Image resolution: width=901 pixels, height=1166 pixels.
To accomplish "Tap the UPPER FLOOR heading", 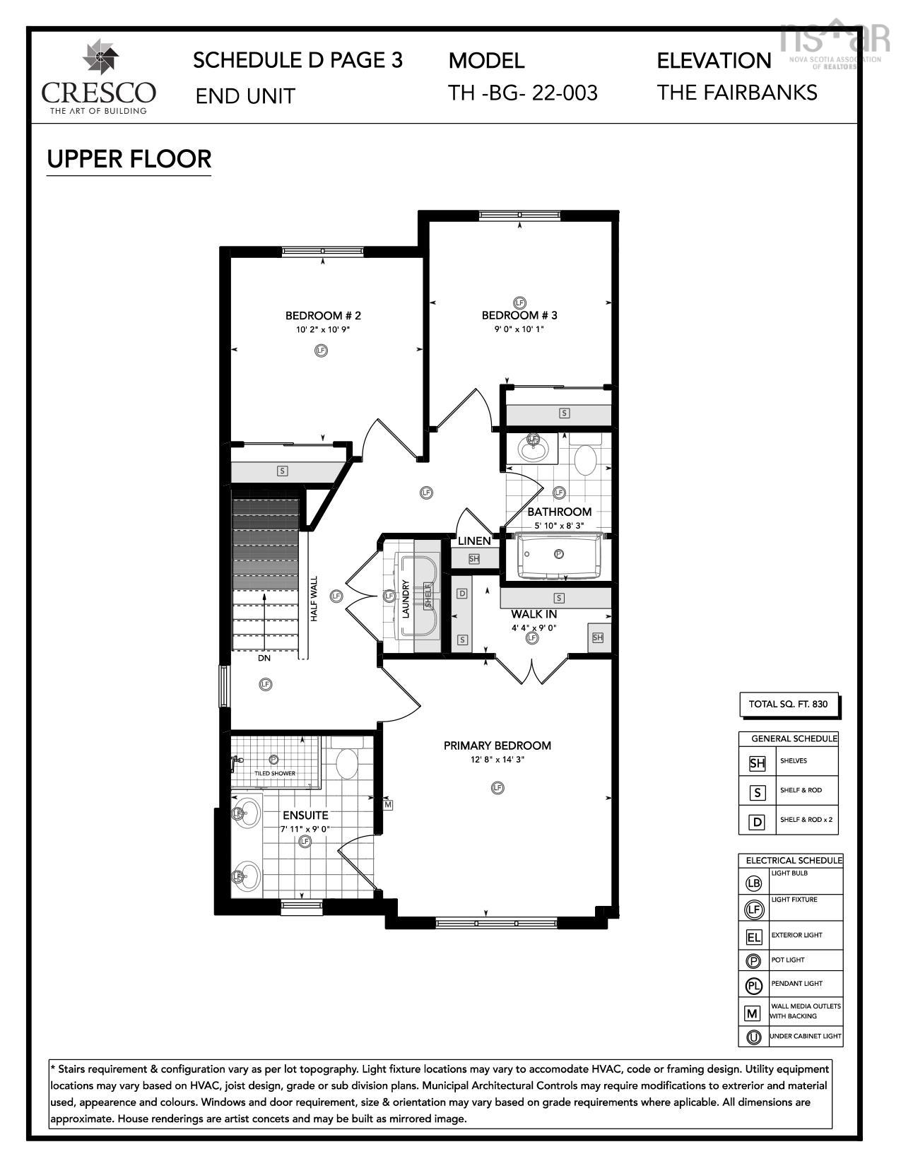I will coord(129,159).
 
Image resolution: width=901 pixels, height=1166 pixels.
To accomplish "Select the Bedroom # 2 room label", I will coord(323,316).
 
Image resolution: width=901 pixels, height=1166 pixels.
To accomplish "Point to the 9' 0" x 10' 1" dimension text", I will coord(519,329).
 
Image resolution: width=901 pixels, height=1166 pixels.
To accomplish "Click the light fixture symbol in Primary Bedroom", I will coord(497,787).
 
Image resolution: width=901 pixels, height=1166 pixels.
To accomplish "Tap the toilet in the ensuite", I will coord(346,763).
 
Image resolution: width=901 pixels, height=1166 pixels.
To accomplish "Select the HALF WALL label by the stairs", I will coord(314,599).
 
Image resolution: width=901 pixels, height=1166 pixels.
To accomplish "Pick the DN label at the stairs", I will coord(264,658).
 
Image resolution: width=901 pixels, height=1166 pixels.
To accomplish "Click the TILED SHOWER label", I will coord(275,774).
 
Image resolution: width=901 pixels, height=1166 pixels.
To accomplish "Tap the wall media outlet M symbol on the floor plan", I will coord(388,804).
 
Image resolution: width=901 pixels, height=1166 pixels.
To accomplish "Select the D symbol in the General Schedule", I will coord(757,821).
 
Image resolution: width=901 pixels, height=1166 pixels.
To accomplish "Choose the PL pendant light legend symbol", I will coord(754,985).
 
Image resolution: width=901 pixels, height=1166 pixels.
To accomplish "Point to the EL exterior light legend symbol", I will coord(754,937).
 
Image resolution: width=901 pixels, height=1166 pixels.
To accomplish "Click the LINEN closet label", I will coord(474,541).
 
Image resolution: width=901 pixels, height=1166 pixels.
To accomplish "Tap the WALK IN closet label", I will coord(534,615).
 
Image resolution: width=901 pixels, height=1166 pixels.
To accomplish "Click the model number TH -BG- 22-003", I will coord(523,93).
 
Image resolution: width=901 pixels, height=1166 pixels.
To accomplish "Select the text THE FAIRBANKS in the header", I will coord(737,93).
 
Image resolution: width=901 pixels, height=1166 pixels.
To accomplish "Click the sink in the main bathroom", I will coord(532,448).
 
